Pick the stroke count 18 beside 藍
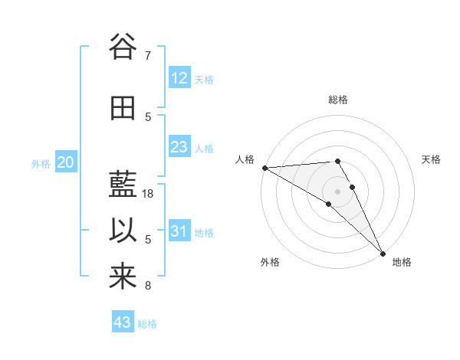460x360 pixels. [x=149, y=194]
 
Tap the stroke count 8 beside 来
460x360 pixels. [x=147, y=286]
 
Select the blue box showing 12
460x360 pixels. [x=179, y=78]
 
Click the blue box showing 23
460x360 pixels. [x=179, y=147]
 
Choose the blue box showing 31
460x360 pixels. [x=179, y=231]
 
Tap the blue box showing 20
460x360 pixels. [x=66, y=162]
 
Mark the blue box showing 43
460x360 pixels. [x=122, y=322]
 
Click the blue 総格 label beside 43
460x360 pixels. [x=147, y=324]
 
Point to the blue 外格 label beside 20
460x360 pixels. [x=41, y=163]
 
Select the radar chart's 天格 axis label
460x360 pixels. [x=432, y=159]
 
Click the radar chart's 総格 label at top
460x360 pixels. [x=338, y=100]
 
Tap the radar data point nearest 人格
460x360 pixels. [x=264, y=168]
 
